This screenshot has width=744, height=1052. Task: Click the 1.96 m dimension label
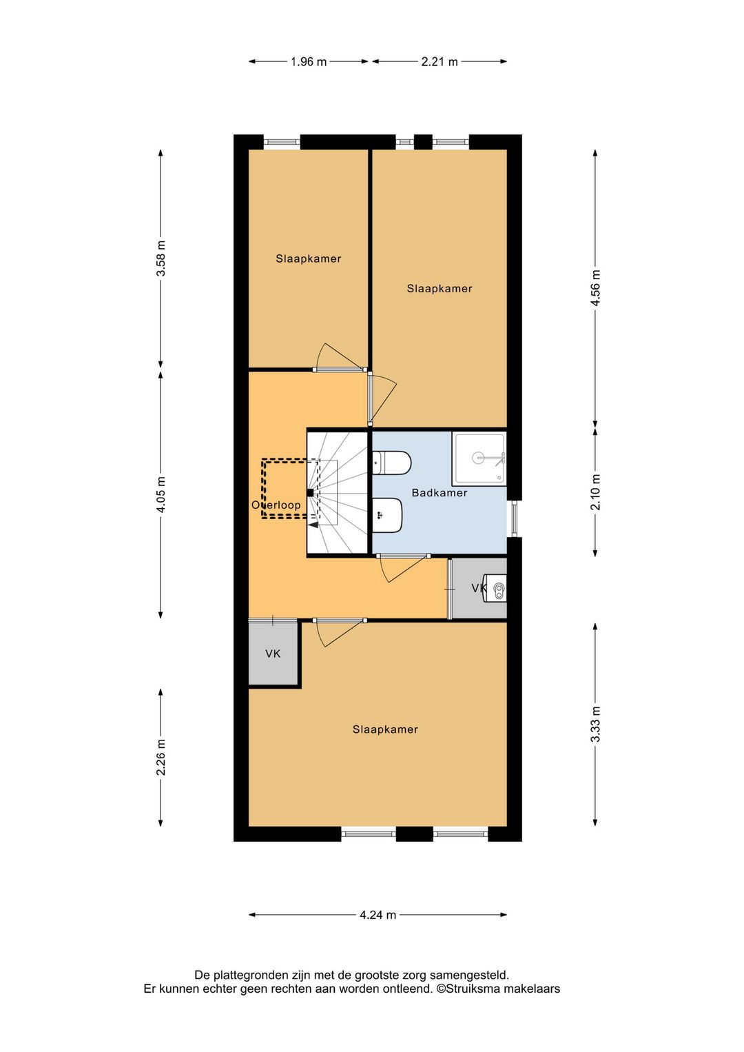pos(309,61)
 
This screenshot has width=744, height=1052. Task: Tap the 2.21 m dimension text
pos(440,61)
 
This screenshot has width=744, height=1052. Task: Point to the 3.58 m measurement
pos(161,259)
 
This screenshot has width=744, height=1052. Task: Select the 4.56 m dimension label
pos(595,288)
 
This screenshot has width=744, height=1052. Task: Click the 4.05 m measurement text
pos(161,494)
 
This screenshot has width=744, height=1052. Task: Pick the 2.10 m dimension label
pos(595,492)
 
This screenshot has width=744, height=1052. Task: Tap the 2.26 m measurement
pos(161,757)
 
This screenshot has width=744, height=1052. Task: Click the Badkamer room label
pos(440,493)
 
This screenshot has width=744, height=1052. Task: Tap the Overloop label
pos(276,505)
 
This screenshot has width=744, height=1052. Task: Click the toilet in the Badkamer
pos(391,463)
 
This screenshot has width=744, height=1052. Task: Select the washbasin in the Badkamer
pos(388,515)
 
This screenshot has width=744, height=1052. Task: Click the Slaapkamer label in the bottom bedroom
pos(385,729)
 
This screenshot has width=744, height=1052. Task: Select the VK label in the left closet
pos(273,654)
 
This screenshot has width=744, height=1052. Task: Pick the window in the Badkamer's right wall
pos(514,518)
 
